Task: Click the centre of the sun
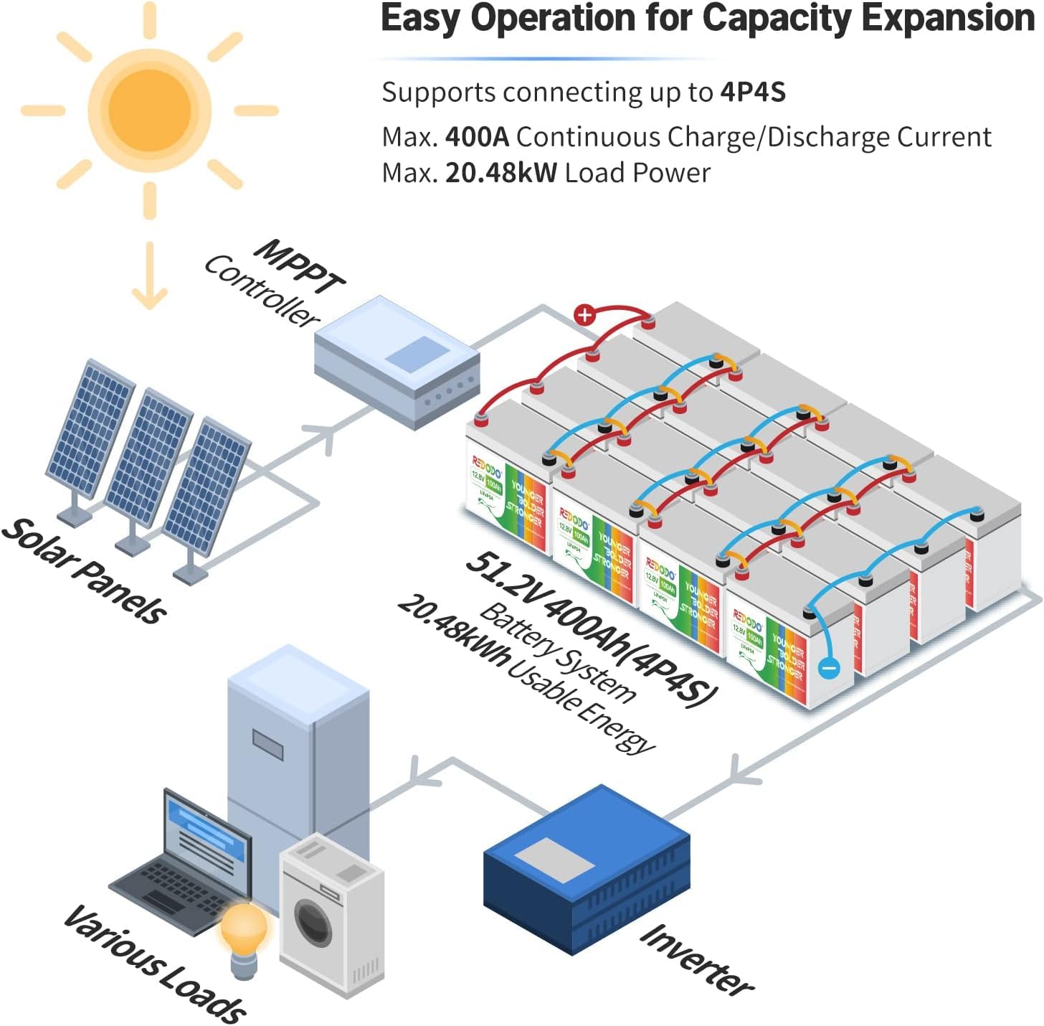pyautogui.click(x=149, y=110)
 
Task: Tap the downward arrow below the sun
pyautogui.click(x=150, y=277)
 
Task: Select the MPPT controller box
pyautogui.click(x=397, y=362)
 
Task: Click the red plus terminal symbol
pyautogui.click(x=585, y=314)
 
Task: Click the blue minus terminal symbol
pyautogui.click(x=828, y=668)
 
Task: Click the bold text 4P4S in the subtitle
pyautogui.click(x=753, y=93)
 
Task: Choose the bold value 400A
pyautogui.click(x=477, y=136)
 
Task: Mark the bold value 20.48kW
pyautogui.click(x=500, y=173)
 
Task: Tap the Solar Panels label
pyautogui.click(x=85, y=570)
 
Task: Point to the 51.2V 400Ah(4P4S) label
pyautogui.click(x=591, y=629)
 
